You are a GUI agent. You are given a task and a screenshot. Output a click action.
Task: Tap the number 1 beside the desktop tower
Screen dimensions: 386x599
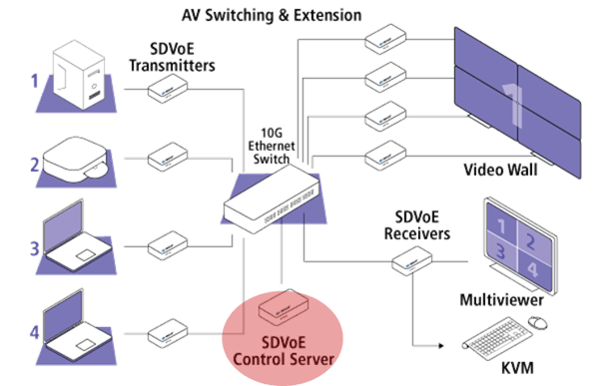pos(33,79)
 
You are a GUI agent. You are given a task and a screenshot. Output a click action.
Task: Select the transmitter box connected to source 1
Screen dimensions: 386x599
pos(166,90)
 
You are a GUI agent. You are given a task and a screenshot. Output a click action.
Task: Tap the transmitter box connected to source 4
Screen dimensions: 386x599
pos(166,328)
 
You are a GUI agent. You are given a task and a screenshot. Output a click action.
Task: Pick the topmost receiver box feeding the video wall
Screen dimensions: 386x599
pos(382,41)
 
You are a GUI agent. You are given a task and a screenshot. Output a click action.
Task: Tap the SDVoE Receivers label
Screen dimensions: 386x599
pos(420,226)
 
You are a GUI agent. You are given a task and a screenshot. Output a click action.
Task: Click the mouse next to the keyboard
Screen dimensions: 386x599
pos(538,322)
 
